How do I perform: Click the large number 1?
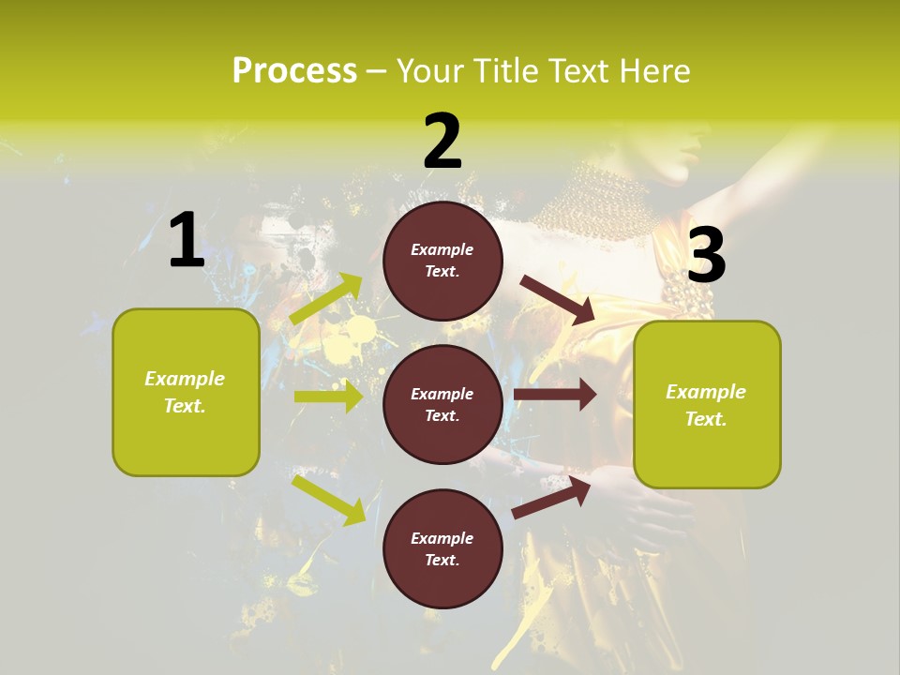point(187,241)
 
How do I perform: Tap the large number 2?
point(442,142)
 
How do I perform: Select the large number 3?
point(707,255)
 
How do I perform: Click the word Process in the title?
point(294,70)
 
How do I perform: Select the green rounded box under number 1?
point(186,392)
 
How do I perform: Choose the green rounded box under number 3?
point(707,405)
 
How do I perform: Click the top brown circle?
point(442,261)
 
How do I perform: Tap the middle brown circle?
point(442,404)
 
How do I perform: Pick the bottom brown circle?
point(442,548)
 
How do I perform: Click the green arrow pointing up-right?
point(326,299)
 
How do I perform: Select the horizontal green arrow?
point(328,397)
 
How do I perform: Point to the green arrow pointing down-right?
point(328,499)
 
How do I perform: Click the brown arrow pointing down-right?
point(558,300)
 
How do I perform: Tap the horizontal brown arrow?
point(555,395)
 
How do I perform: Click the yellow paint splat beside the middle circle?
point(361,329)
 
